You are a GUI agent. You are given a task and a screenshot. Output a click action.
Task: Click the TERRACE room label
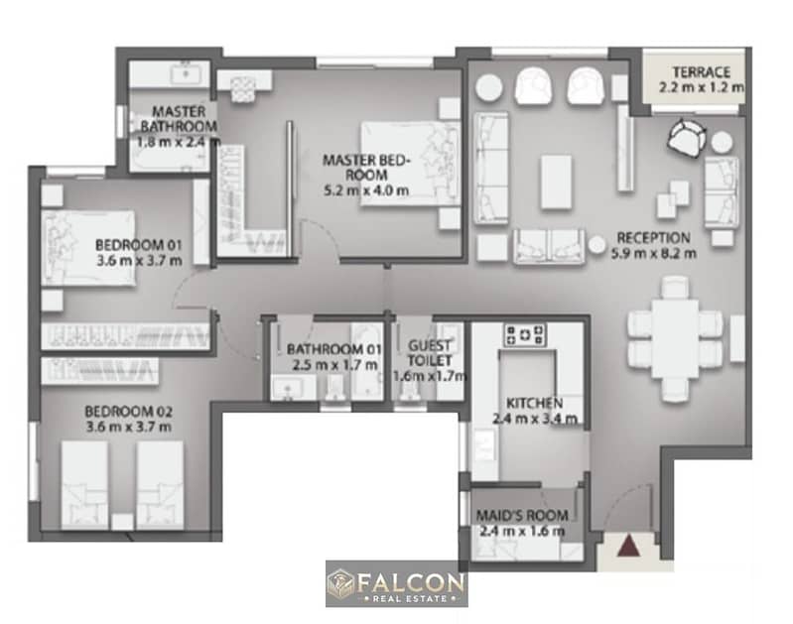pyautogui.click(x=701, y=71)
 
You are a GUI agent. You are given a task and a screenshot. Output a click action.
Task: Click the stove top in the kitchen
pyautogui.click(x=525, y=335)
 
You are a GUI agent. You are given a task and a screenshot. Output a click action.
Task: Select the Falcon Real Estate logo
pyautogui.click(x=397, y=583)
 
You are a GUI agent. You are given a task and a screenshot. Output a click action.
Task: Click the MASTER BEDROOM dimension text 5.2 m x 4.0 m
pyautogui.click(x=366, y=190)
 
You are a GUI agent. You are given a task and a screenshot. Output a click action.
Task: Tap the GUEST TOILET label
pyautogui.click(x=430, y=353)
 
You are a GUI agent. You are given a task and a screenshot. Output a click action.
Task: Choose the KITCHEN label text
pyautogui.click(x=535, y=403)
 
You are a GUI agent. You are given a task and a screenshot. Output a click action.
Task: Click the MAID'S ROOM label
pyautogui.click(x=522, y=515)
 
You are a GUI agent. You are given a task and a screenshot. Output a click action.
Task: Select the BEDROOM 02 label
pyautogui.click(x=128, y=411)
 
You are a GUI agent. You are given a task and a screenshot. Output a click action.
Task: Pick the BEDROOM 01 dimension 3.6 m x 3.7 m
pyautogui.click(x=139, y=261)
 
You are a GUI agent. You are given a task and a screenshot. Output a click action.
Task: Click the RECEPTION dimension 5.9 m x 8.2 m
pyautogui.click(x=653, y=253)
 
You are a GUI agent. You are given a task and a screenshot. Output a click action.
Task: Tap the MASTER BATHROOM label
pyautogui.click(x=179, y=119)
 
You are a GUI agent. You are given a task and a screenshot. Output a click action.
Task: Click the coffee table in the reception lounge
pyautogui.click(x=557, y=183)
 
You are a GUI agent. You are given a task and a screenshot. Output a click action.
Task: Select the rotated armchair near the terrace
pyautogui.click(x=687, y=138)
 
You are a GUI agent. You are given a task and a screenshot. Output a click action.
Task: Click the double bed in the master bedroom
pyautogui.click(x=410, y=164)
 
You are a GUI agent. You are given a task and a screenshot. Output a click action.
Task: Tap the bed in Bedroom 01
pyautogui.click(x=88, y=248)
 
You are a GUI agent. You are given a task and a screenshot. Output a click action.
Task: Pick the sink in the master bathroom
pyautogui.click(x=187, y=74)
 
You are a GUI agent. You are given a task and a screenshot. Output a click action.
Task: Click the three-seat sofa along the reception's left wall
pyautogui.click(x=490, y=168)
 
